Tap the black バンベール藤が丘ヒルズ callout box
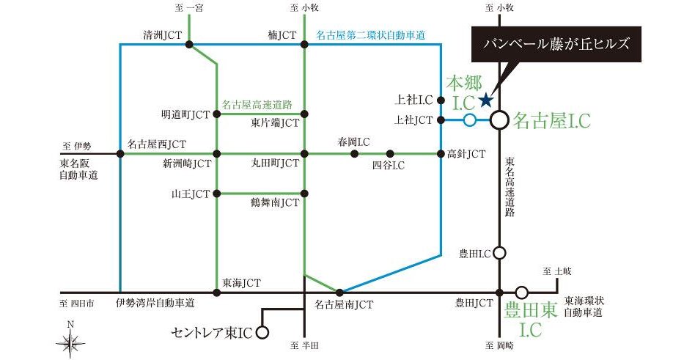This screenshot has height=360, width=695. [557, 43]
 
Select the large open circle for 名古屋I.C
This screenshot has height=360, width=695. [499, 120]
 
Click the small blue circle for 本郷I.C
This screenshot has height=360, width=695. [469, 120]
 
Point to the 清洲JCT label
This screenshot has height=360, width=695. [161, 34]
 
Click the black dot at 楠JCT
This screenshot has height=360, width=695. [304, 45]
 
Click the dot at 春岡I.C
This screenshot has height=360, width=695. [354, 154]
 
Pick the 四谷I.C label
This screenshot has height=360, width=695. [389, 166]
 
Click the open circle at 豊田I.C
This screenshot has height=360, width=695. [499, 253]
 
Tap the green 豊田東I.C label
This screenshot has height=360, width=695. [532, 319]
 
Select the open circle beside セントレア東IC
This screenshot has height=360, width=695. [262, 332]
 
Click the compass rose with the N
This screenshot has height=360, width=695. [70, 341]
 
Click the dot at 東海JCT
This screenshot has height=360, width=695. [216, 292]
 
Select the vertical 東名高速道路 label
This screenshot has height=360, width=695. [510, 188]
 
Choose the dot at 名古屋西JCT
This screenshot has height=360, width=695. [119, 154]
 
